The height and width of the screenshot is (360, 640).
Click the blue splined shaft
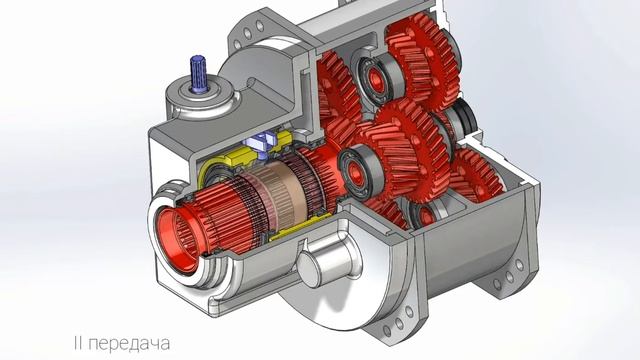tap(199, 73)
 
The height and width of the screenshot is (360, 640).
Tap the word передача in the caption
tap(129, 343)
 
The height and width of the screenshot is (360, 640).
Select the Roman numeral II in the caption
tap(78, 342)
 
